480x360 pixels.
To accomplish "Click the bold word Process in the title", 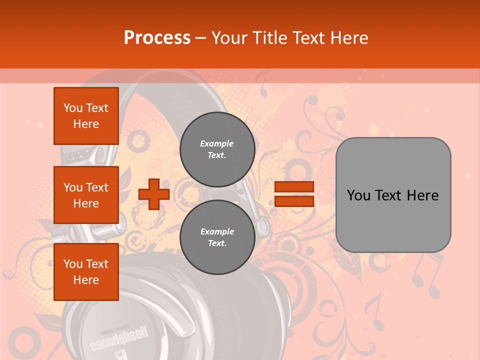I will (157, 38).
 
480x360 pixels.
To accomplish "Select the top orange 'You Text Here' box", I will (86, 116).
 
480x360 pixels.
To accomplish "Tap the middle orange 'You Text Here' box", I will (86, 195).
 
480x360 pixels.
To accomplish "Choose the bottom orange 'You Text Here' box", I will (86, 272).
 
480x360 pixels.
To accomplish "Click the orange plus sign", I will (154, 194).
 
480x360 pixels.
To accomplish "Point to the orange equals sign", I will (294, 194).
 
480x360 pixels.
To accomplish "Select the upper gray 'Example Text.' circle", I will (217, 149).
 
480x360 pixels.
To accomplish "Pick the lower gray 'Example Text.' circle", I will (217, 237).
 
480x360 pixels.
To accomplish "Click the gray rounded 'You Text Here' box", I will (393, 195).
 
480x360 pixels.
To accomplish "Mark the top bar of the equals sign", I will (294, 187).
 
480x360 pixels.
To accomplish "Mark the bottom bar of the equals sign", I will (294, 201).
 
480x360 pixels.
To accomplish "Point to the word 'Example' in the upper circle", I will (217, 143).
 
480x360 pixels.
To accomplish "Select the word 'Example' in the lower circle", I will (217, 231).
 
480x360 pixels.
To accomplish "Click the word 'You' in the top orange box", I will (73, 108).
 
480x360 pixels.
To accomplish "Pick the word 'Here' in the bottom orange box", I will (86, 280).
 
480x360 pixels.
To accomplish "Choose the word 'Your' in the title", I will (229, 38).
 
